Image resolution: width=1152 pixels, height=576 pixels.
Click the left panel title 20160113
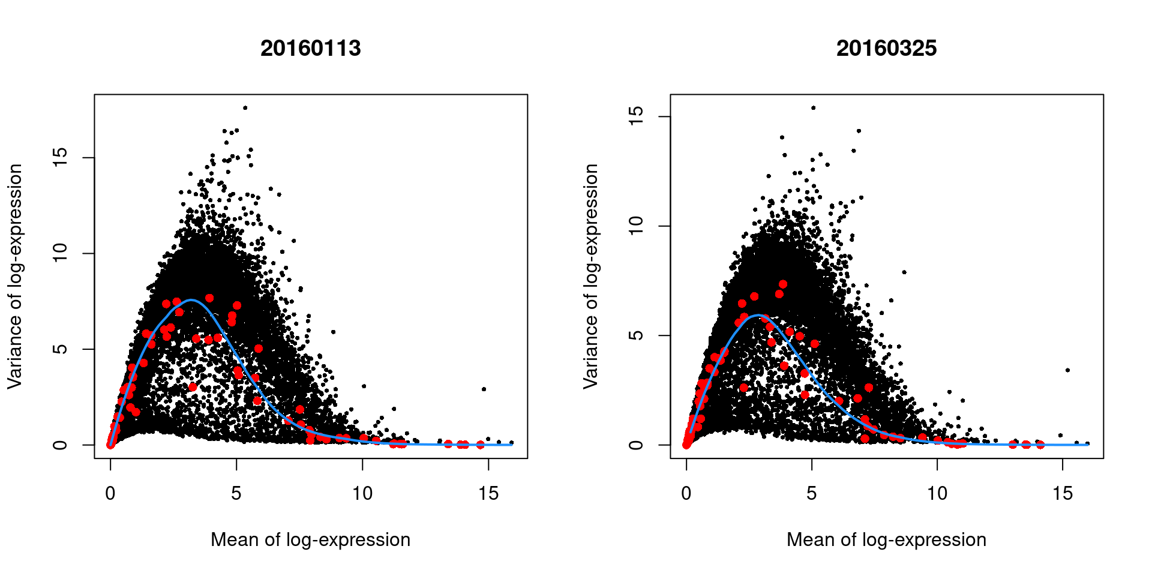tap(310, 48)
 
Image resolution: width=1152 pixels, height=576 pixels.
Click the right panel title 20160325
tap(886, 48)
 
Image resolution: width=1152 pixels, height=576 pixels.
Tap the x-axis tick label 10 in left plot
tap(362, 494)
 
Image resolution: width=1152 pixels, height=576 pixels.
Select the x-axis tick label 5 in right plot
tap(811, 494)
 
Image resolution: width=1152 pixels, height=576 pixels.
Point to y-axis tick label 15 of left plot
tap(60, 158)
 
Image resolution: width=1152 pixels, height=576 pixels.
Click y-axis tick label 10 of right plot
tap(636, 226)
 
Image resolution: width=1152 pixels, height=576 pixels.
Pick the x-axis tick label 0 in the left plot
tap(110, 494)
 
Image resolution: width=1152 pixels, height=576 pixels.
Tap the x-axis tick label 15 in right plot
tap(1063, 494)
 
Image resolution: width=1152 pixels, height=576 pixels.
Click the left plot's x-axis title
tap(310, 539)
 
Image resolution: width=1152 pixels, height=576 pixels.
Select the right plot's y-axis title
tap(591, 276)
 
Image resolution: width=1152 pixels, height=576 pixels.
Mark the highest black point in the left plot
tap(245, 108)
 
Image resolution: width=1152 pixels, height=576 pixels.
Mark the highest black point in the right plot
tap(813, 108)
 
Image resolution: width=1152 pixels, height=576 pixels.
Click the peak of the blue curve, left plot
tap(191, 300)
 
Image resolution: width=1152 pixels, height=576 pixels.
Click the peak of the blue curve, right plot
tap(759, 315)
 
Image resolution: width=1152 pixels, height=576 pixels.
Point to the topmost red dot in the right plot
tap(782, 284)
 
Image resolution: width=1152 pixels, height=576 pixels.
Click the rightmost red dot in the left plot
tap(480, 445)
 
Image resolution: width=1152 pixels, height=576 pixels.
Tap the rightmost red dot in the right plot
tap(1040, 445)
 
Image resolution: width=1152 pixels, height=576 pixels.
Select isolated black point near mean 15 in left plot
tap(484, 389)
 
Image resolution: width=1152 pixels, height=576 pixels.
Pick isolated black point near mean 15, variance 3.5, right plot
tap(1067, 370)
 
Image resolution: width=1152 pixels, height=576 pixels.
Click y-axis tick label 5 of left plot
tap(60, 349)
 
